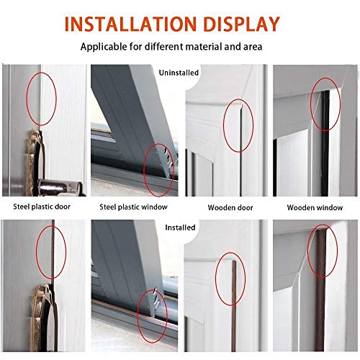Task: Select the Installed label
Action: [x=180, y=227]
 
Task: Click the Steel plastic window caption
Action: [x=133, y=207]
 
